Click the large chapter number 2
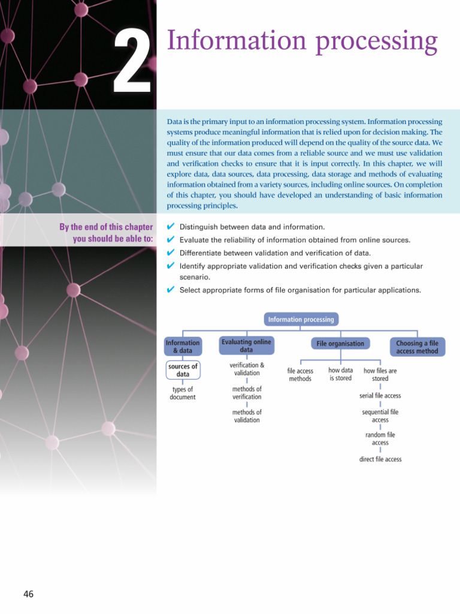132,62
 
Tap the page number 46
28,594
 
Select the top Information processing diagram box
302,320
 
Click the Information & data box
183,347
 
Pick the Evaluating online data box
246,346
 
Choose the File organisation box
340,344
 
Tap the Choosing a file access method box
417,347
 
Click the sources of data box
183,370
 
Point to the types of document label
183,393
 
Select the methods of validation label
247,416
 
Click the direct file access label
380,459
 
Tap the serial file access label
380,396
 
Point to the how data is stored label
340,374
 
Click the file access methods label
300,375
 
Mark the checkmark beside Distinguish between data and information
170,227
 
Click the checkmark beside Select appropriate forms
170,290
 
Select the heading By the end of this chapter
106,227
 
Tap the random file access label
380,439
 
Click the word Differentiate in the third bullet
204,252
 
